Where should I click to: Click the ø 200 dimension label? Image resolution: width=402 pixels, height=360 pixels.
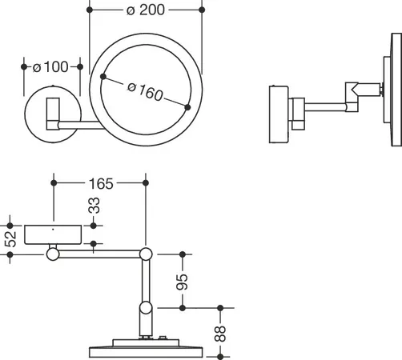(x=146, y=10)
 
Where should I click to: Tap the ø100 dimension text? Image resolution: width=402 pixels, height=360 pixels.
(x=50, y=66)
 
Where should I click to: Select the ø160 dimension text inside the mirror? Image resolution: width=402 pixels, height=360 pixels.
(x=145, y=92)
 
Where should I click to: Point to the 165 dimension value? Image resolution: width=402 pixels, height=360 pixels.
(x=101, y=184)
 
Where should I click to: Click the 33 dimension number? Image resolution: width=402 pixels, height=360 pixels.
(x=94, y=206)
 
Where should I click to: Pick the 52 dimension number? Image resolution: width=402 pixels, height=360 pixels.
(x=10, y=239)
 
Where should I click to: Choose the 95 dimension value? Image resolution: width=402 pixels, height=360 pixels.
(x=183, y=282)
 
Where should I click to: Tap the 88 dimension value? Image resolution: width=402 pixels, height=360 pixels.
(x=220, y=334)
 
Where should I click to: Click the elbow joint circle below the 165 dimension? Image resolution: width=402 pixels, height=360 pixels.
(x=146, y=254)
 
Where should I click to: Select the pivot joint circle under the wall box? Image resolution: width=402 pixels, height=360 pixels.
(x=53, y=254)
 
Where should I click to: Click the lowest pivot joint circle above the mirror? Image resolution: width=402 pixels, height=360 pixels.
(x=146, y=308)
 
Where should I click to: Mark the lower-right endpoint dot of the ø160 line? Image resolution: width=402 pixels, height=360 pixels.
(x=187, y=107)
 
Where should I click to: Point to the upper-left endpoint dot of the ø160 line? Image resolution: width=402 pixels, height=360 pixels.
(x=103, y=77)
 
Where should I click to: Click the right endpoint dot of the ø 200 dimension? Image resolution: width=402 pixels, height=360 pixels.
(x=202, y=10)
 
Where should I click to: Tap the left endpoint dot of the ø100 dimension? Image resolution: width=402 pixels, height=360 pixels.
(x=24, y=66)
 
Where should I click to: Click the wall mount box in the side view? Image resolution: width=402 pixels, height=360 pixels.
(x=279, y=114)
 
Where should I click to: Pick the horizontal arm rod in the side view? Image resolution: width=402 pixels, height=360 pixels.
(x=325, y=107)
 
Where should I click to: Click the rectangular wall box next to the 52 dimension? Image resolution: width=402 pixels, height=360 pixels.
(x=53, y=234)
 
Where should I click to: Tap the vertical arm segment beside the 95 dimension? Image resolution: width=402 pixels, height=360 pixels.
(x=146, y=281)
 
